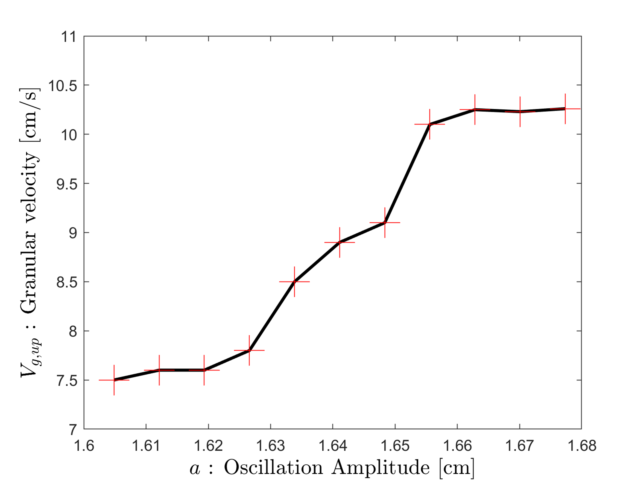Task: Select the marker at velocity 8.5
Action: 295,282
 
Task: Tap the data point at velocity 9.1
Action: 385,222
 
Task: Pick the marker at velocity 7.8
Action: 249,350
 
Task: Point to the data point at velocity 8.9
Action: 339,242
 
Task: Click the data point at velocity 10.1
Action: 430,124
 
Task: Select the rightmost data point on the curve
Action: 565,109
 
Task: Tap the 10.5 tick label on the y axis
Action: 62,86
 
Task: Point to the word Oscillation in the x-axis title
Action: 273,467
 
